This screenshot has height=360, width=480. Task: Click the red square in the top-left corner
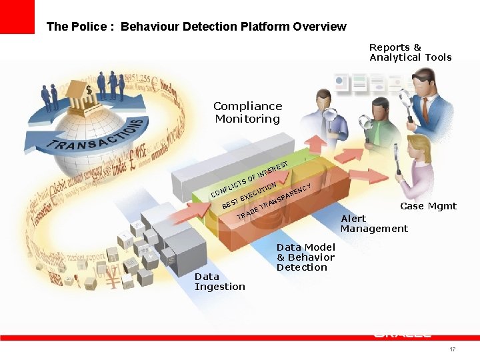(17, 16)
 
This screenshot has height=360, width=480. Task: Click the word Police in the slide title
(91, 27)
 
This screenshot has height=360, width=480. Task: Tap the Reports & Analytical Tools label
(410, 52)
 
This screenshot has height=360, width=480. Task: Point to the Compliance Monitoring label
(247, 112)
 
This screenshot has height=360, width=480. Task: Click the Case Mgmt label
(428, 206)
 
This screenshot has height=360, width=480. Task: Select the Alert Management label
(373, 223)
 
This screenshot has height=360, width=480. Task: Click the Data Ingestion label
(219, 281)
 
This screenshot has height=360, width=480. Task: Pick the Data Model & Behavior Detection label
(305, 257)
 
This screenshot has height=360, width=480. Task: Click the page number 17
(453, 349)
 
